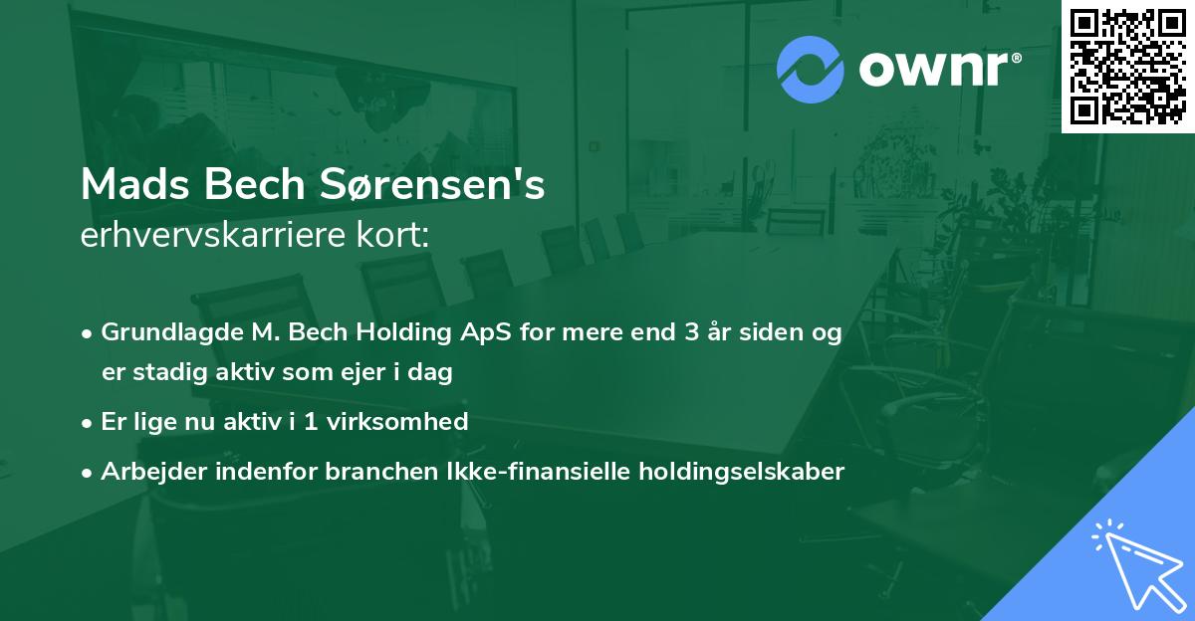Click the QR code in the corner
pyautogui.click(x=1128, y=66)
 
